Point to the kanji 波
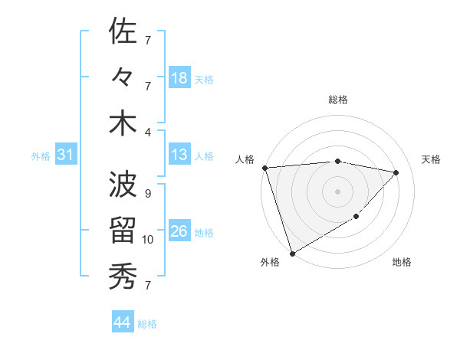[x=123, y=185]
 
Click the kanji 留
[x=123, y=231]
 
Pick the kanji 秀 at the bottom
[x=123, y=276]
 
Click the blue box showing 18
[x=179, y=78]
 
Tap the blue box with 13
[x=179, y=155]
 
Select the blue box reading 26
[x=179, y=231]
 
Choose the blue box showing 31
[x=65, y=155]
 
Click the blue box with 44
[x=123, y=322]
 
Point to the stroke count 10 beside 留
[x=148, y=240]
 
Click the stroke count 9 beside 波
[x=148, y=194]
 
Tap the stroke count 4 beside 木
[x=148, y=132]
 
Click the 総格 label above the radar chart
[x=338, y=100]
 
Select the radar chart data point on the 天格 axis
[x=396, y=172]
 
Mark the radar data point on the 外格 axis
[x=292, y=253]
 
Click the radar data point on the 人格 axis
[x=264, y=168]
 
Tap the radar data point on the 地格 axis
[x=356, y=217]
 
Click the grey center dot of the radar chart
[x=337, y=191]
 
